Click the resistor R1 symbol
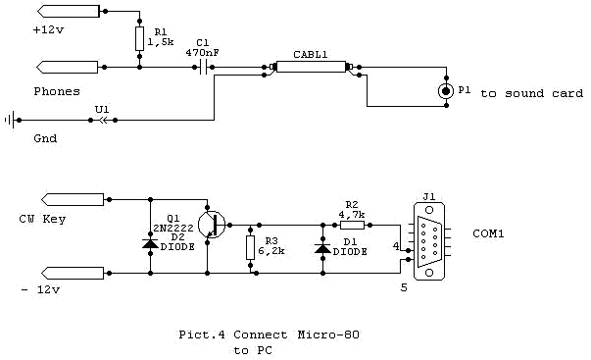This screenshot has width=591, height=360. [141, 39]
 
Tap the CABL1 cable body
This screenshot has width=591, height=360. [310, 68]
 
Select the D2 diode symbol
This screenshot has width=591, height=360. [150, 242]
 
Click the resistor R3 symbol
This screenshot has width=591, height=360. [250, 246]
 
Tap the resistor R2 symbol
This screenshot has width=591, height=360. [352, 225]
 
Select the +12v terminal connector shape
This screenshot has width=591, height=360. [69, 13]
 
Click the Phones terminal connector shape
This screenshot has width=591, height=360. [69, 68]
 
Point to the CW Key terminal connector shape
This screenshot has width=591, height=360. [69, 199]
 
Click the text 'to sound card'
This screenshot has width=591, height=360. [523, 92]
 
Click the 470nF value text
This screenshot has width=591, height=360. [204, 52]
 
